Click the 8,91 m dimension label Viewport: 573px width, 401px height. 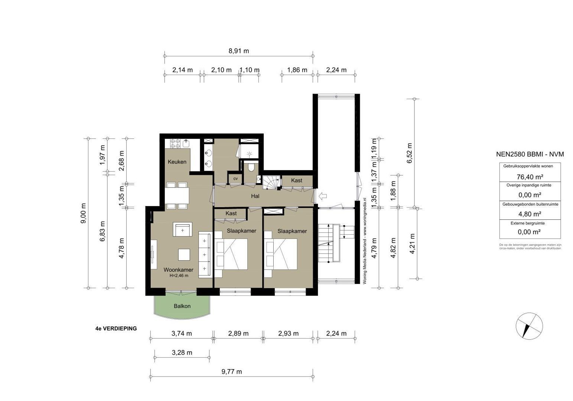pos(238,51)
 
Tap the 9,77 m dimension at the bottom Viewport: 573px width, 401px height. pos(231,371)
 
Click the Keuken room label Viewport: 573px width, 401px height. pos(177,162)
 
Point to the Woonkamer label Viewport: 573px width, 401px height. pos(179,270)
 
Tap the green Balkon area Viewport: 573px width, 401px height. pos(182,306)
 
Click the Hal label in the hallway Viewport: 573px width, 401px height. pos(255,196)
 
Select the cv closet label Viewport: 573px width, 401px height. pos(235,179)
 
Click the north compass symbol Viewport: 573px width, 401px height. pos(529,326)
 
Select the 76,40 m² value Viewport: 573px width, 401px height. pos(530,176)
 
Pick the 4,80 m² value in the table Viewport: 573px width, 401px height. pos(530,214)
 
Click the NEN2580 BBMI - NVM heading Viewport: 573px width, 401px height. pos(530,154)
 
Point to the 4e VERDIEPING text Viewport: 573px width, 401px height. pos(116,328)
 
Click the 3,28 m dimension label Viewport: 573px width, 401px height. pos(182,352)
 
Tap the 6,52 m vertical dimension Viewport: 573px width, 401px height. pos(410,153)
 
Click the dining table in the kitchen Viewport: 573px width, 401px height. pos(177,195)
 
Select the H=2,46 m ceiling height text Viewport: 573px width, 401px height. pos(179,276)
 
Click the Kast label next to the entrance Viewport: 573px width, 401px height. pos(296,180)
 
